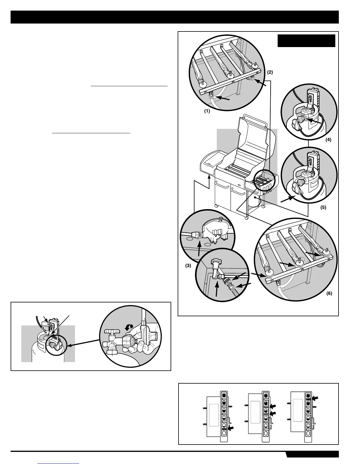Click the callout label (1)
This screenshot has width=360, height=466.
(207, 112)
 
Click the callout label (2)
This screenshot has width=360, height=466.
(270, 72)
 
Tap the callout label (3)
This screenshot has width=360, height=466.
(188, 265)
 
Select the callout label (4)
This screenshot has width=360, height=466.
(328, 140)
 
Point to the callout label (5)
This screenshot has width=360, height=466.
(323, 207)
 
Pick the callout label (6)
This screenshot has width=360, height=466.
(329, 293)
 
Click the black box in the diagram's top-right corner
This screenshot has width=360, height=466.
(306, 41)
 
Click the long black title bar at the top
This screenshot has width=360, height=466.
(175, 17)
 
